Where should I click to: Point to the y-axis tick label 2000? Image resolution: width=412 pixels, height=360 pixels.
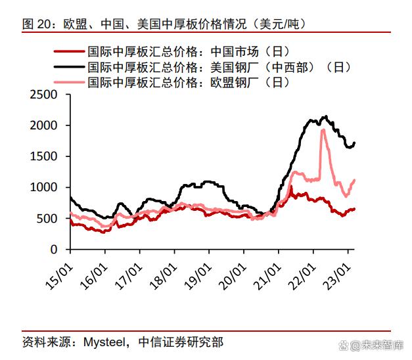point(44,125)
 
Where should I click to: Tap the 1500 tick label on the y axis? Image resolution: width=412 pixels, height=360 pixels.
point(44,156)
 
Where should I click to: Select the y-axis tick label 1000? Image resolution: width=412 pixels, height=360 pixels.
point(44,187)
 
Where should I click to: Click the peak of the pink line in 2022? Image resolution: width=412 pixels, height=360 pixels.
point(323,130)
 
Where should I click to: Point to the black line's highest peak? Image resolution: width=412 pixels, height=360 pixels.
point(325,117)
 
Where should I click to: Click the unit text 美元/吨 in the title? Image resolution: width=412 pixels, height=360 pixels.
point(283,24)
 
